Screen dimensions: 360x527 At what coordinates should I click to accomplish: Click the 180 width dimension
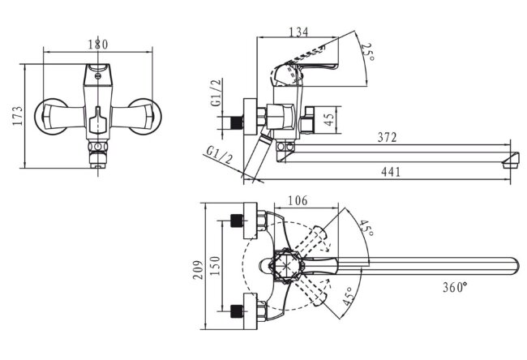click(96, 45)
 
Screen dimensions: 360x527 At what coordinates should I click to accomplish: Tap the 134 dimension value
click(298, 32)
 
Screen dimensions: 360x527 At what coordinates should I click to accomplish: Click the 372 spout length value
click(388, 138)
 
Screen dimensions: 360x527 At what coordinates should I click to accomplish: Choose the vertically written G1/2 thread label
click(216, 95)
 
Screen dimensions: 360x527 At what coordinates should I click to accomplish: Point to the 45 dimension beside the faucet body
click(329, 119)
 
